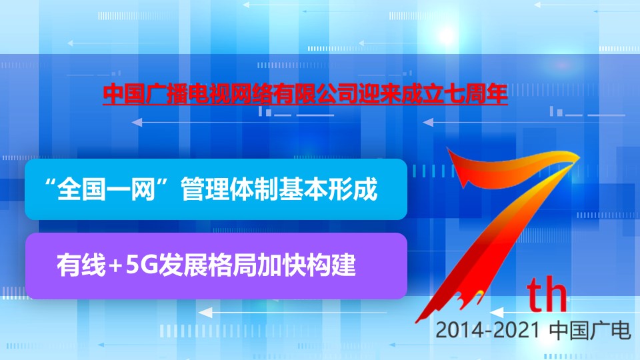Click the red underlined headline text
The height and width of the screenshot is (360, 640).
[x=305, y=94]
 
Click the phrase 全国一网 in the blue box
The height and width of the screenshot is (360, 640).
[x=106, y=189]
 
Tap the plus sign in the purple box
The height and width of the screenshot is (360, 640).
[x=115, y=266]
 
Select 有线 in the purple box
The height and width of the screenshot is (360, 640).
[x=81, y=265]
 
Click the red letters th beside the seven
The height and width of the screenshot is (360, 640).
[x=547, y=293]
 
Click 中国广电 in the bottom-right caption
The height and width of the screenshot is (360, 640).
[x=590, y=330]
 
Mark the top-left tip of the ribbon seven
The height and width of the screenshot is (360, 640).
[x=448, y=148]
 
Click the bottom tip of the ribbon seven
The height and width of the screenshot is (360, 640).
[x=416, y=322]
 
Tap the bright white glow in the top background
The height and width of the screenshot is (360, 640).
[x=447, y=36]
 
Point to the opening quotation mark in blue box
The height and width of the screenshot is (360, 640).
[x=51, y=183]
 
